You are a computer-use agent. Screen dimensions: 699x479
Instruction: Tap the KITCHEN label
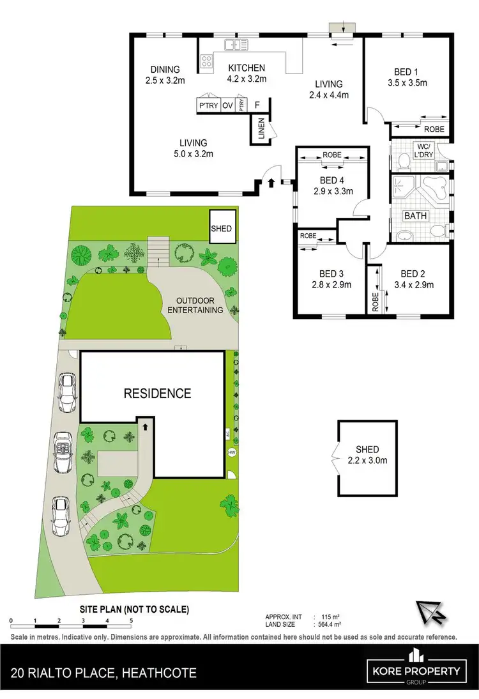247,68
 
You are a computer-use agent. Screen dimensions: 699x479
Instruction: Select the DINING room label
165,70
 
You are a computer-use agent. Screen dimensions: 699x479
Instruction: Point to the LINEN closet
261,131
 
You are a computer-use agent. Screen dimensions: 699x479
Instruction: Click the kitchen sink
236,45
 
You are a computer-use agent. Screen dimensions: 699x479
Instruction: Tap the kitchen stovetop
208,61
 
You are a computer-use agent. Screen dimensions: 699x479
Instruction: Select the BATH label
415,216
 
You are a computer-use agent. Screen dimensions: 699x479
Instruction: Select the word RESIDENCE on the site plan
157,394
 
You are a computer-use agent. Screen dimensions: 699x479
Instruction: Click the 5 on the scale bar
130,620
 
